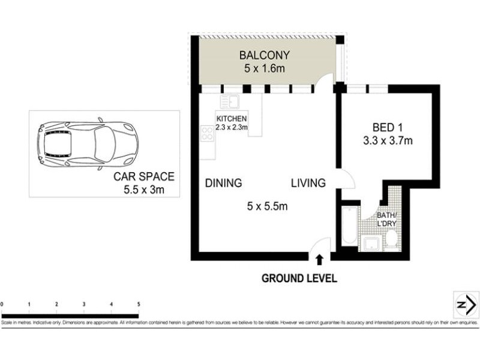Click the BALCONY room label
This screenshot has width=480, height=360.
pyautogui.click(x=264, y=55)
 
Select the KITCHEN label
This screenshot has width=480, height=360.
pyautogui.click(x=231, y=119)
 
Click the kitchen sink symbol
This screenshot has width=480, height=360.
pyautogui.click(x=229, y=101)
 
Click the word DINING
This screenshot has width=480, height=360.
pyautogui.click(x=223, y=183)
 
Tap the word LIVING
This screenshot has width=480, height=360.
pyautogui.click(x=308, y=183)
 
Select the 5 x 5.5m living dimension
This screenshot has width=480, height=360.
pyautogui.click(x=268, y=207)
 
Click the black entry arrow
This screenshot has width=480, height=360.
pyautogui.click(x=319, y=259)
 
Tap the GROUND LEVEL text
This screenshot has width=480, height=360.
pyautogui.click(x=299, y=278)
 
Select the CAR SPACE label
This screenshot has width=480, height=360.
pyautogui.click(x=144, y=176)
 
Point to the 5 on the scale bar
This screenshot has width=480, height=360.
pyautogui.click(x=139, y=304)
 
